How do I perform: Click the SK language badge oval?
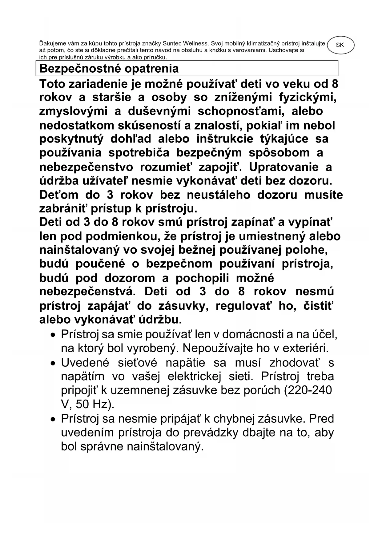[x=340, y=45]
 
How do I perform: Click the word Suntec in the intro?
[x=171, y=43]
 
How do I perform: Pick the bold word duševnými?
[x=159, y=111]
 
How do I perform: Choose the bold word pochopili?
[x=202, y=278]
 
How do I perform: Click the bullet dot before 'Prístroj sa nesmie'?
[x=54, y=419]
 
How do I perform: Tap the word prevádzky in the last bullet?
[x=211, y=433]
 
